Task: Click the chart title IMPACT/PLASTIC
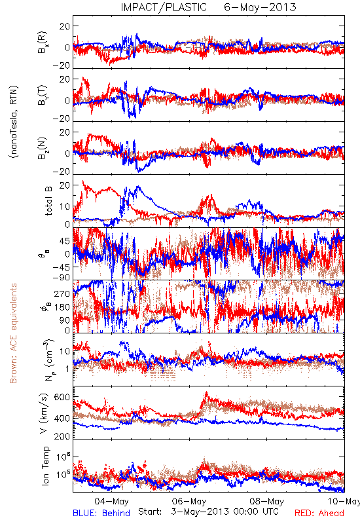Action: [164, 7]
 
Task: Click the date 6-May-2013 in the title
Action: [260, 7]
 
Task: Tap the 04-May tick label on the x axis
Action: [111, 501]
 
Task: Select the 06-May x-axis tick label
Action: [189, 501]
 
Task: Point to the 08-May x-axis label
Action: [267, 501]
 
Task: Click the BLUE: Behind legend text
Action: [101, 513]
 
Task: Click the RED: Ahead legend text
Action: [319, 513]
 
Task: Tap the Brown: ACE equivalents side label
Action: [13, 333]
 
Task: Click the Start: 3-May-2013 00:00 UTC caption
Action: [208, 512]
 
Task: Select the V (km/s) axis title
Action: [44, 413]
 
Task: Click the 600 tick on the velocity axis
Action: [62, 397]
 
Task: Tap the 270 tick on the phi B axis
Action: [62, 293]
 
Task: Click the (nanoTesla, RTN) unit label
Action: [14, 121]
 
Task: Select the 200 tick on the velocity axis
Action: [62, 436]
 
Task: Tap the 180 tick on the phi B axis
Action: [62, 307]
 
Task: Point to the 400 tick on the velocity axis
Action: [62, 419]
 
